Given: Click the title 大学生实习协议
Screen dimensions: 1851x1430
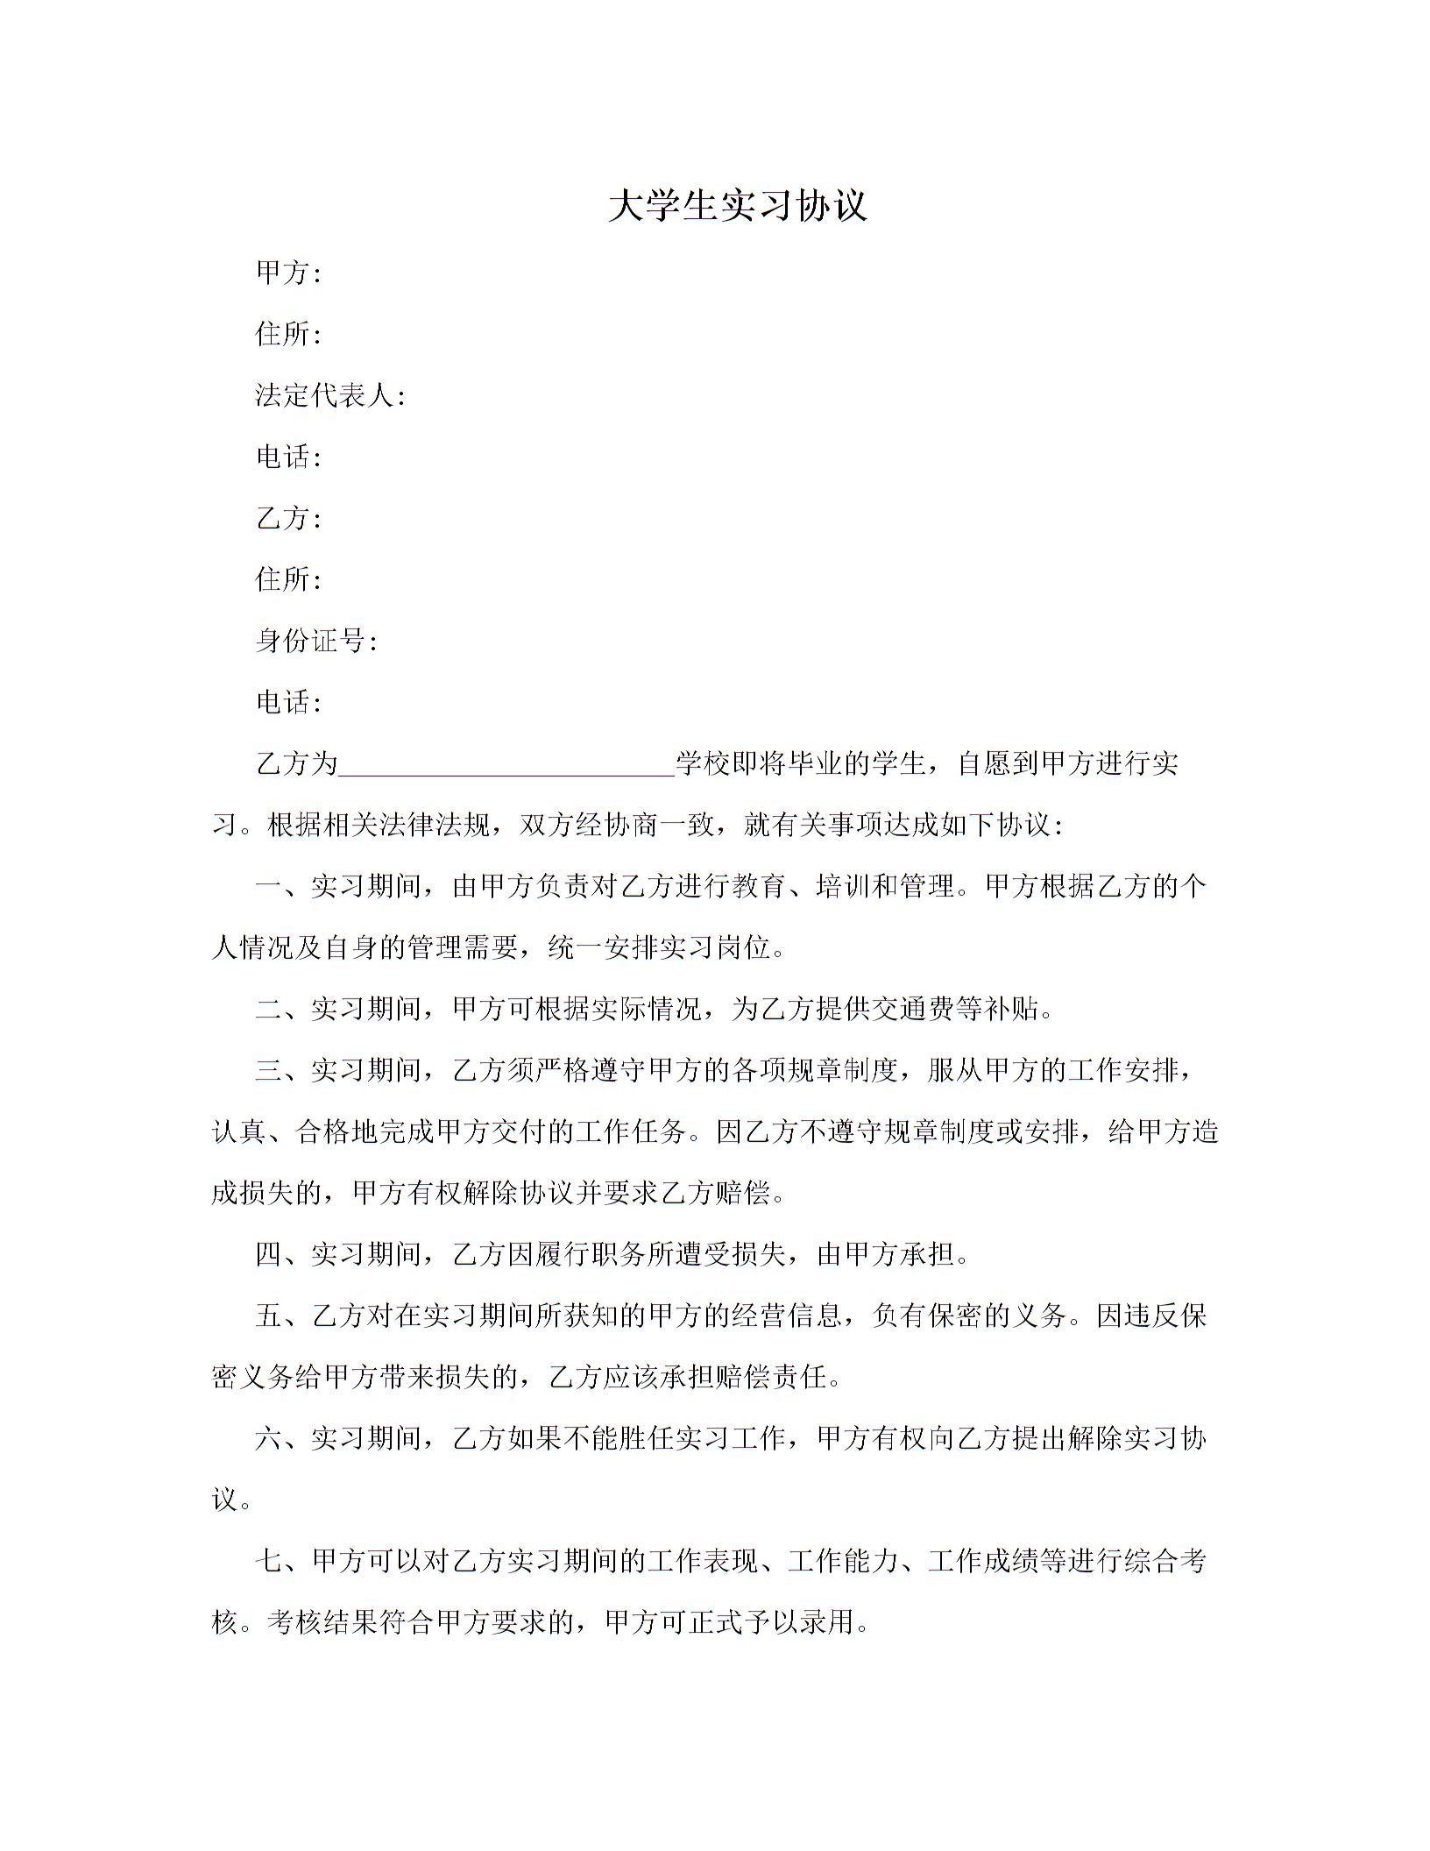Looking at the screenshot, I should coord(737,207).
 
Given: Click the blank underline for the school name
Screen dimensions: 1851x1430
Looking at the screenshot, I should coord(506,764).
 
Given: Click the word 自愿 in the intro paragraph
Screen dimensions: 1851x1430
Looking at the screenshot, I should coord(984,763).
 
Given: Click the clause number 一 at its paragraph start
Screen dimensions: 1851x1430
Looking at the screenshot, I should coord(268,886).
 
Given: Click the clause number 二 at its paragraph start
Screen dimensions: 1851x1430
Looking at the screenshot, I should coord(268,1009).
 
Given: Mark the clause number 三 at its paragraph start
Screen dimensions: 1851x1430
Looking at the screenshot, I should coord(268,1070).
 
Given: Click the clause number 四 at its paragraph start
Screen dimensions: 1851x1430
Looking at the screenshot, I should coord(268,1254).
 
